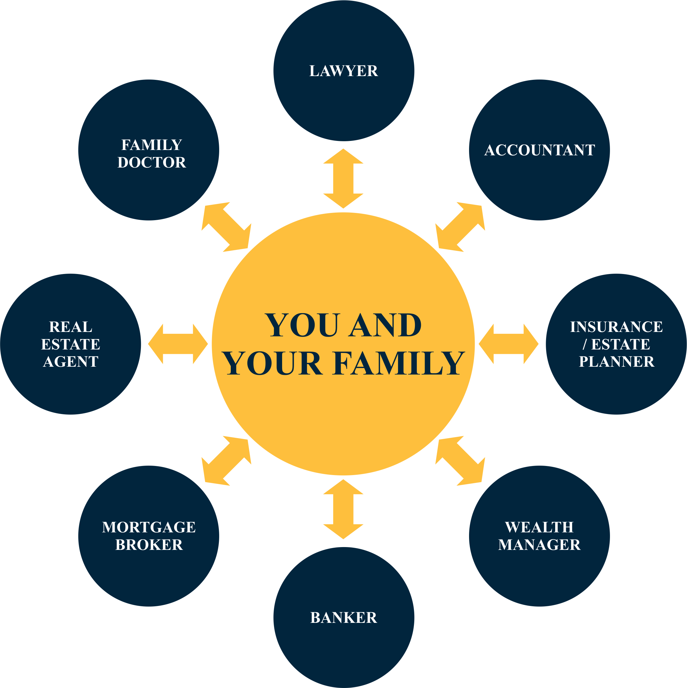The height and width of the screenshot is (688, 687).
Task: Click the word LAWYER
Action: (343, 71)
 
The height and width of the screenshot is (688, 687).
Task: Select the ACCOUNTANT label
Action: (539, 150)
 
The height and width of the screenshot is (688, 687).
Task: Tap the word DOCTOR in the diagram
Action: (152, 163)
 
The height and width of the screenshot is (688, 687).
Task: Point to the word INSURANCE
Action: (616, 327)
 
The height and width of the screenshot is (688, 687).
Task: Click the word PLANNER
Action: (616, 361)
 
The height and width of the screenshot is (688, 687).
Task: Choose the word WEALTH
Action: (539, 527)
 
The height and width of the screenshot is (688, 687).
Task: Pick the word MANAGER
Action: (539, 545)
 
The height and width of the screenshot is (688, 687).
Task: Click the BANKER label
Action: (343, 618)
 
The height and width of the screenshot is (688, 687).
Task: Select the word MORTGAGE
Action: (149, 527)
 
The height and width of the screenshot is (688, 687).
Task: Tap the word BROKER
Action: (149, 545)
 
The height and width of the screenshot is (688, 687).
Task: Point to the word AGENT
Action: (70, 361)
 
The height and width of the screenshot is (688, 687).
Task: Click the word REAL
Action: (70, 327)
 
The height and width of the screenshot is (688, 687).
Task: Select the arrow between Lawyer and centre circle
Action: (343, 178)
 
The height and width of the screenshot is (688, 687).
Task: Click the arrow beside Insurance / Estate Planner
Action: (509, 344)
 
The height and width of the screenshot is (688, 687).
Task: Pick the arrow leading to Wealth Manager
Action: (460, 461)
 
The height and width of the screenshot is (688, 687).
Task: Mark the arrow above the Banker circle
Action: (343, 509)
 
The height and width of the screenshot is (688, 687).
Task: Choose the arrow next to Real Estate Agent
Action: (178, 344)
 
